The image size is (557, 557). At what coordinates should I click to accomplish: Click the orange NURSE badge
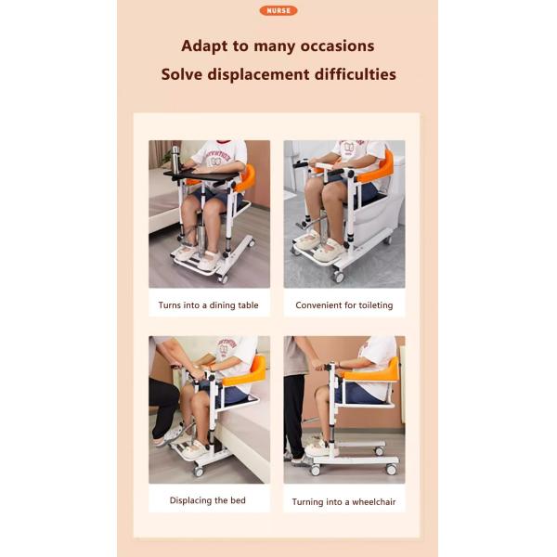coord(278,10)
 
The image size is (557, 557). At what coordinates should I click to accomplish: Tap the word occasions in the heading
coord(337,46)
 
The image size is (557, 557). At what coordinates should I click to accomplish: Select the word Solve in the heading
coord(182,74)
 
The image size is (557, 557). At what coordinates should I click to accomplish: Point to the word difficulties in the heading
coord(356,74)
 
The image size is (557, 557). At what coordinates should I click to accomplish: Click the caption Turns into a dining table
coord(209,305)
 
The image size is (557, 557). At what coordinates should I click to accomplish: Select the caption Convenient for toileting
coord(344,305)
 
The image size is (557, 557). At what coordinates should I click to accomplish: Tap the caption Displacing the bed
coord(208,500)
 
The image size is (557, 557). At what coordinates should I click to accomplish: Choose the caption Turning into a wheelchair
coord(343,502)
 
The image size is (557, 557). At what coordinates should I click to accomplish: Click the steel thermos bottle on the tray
coord(175,159)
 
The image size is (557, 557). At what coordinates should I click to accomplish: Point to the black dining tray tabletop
coord(201,175)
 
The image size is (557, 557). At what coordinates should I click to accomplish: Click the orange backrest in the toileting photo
coord(379,168)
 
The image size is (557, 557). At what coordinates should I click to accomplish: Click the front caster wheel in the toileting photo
coord(338,277)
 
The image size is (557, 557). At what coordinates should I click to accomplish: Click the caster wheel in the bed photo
coord(198,472)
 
